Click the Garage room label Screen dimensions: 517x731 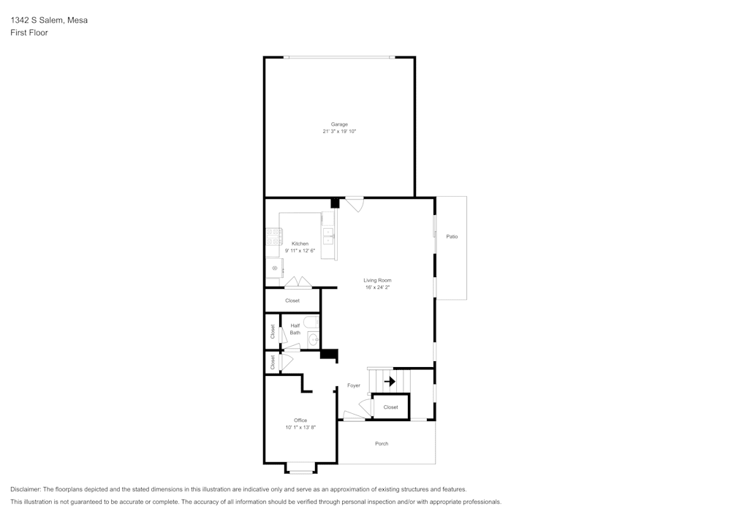tap(339, 124)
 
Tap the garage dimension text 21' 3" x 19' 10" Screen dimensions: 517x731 tap(339, 132)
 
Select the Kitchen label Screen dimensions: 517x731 tap(300, 244)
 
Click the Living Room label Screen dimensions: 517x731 tap(377, 280)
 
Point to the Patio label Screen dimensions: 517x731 tap(452, 236)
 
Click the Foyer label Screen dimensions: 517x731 tap(354, 385)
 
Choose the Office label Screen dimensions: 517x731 tap(300, 420)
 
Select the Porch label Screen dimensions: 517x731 tap(382, 444)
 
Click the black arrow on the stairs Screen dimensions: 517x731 tap(390, 381)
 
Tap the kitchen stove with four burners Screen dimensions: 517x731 tap(274, 236)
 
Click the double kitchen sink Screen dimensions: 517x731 tap(329, 235)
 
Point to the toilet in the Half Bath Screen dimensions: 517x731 tap(311, 322)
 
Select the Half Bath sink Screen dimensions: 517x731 tap(314, 339)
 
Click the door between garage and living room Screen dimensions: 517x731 tap(355, 204)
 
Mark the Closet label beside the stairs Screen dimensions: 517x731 tap(390, 407)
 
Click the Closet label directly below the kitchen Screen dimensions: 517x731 tap(292, 301)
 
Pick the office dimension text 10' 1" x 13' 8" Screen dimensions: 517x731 tap(300, 428)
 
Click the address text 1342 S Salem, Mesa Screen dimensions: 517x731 tap(49, 20)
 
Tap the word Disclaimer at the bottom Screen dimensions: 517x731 tap(26, 489)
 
